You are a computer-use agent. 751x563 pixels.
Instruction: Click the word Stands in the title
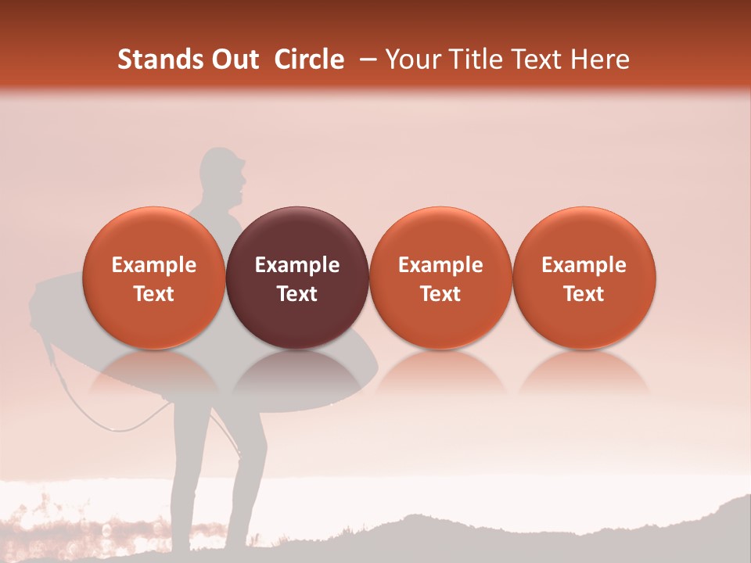(x=161, y=59)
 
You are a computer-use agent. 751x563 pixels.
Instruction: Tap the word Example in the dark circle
(x=297, y=265)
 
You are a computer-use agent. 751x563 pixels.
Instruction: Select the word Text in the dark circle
(x=297, y=294)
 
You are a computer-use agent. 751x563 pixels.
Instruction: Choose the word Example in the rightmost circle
(x=584, y=265)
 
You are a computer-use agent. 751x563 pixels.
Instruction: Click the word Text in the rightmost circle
(x=584, y=294)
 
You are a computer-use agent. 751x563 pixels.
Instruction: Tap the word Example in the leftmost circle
(x=154, y=265)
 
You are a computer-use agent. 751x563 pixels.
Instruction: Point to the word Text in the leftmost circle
(x=154, y=294)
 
